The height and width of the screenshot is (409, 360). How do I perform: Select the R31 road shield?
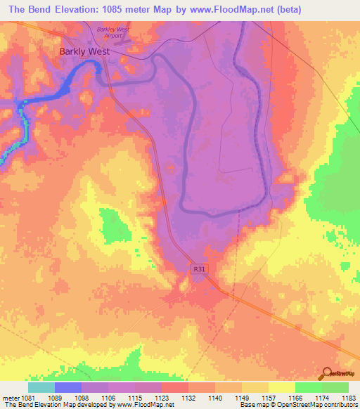199,268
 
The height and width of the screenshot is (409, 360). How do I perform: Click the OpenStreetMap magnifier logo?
327,373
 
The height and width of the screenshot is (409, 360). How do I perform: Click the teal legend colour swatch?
41,387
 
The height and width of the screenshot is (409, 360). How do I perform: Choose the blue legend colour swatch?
68,387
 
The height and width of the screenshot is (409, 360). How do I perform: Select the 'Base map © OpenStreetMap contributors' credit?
296,405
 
